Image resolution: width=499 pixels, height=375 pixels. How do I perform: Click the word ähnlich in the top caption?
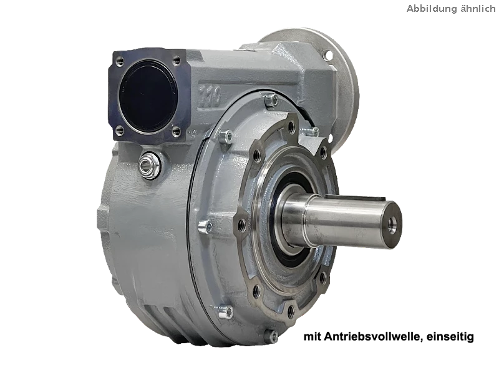[477, 8]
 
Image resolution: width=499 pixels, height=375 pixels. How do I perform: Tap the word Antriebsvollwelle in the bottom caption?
[373, 336]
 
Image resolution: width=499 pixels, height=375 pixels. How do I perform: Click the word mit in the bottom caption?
[312, 336]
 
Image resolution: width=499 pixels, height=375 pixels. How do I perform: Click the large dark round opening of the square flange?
[148, 96]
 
